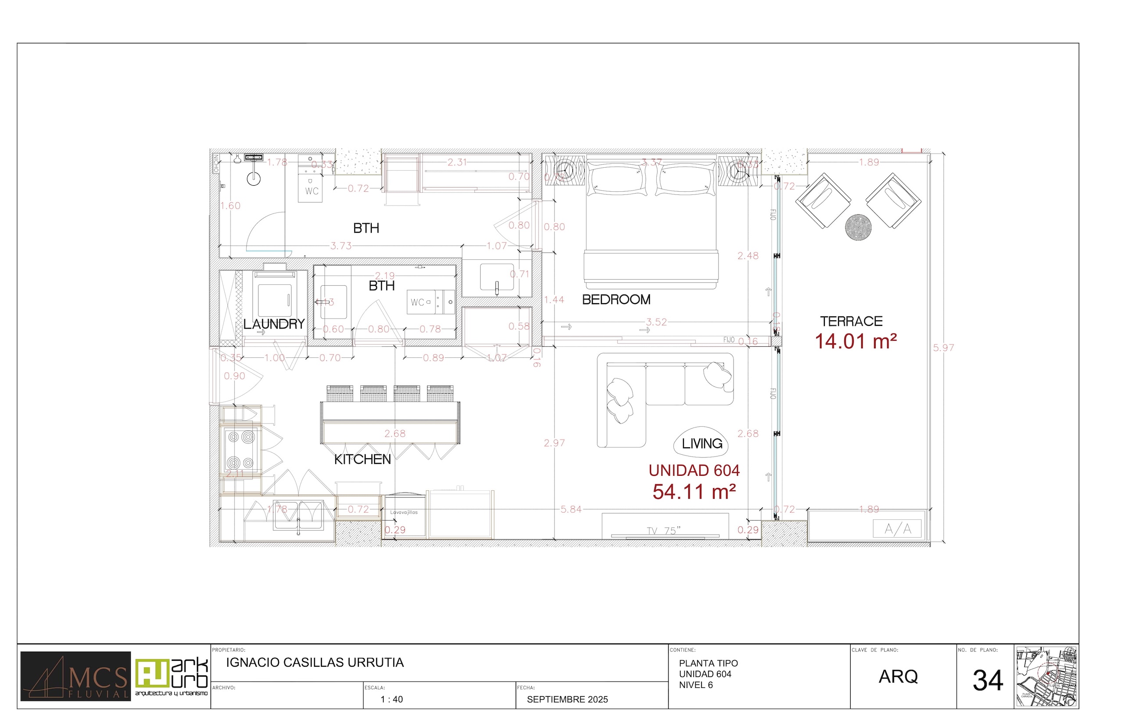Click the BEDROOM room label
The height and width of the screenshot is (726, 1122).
click(x=616, y=299)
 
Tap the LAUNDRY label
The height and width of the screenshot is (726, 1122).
click(x=274, y=324)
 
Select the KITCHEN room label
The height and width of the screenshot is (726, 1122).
click(x=363, y=459)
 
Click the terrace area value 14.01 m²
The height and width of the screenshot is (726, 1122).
click(x=856, y=341)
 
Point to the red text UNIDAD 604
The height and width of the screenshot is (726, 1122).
click(x=694, y=471)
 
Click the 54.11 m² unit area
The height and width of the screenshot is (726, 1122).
click(x=694, y=492)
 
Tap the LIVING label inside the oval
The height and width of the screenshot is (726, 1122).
click(x=702, y=444)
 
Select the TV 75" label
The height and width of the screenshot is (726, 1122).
click(x=664, y=531)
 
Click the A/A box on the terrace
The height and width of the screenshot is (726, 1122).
click(x=897, y=529)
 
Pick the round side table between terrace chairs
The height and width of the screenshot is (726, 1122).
click(x=858, y=227)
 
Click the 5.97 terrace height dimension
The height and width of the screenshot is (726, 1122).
click(x=943, y=348)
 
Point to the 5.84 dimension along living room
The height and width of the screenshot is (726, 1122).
click(x=571, y=509)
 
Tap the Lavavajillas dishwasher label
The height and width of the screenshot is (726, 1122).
click(x=403, y=512)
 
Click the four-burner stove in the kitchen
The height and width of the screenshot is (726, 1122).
click(x=241, y=450)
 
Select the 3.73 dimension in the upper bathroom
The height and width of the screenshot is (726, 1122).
click(x=340, y=246)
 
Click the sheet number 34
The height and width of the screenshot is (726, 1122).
click(x=987, y=681)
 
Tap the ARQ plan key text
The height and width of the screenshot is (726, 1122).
click(x=898, y=676)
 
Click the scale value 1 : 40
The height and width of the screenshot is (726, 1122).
click(x=392, y=700)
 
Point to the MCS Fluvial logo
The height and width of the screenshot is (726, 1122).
click(x=76, y=676)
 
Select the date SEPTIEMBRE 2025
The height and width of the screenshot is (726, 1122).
click(x=567, y=700)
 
